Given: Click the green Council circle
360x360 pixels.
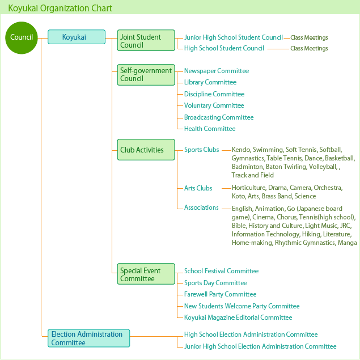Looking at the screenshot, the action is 22,37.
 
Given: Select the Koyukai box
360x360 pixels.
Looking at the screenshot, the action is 77,37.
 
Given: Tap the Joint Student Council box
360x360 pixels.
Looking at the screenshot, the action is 146,40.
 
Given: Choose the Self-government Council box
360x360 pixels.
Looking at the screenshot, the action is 146,75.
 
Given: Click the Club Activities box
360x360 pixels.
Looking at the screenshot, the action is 146,150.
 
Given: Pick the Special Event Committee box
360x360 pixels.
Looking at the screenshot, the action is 146,274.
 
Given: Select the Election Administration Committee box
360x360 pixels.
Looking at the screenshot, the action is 88,338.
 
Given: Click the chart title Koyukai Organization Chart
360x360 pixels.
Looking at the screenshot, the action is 60,9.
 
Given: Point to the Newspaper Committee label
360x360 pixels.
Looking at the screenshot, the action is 217,71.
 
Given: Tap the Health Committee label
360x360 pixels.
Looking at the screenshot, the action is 210,129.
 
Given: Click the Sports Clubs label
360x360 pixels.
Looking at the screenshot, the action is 202,150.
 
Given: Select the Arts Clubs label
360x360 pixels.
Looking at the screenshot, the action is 198,188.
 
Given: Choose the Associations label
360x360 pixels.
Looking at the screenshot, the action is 201,207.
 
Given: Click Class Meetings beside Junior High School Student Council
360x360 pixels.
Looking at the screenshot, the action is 309,37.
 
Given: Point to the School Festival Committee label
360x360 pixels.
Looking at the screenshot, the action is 221,271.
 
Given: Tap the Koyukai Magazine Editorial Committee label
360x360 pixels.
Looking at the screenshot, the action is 238,317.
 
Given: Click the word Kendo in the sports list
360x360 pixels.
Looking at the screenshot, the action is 241,150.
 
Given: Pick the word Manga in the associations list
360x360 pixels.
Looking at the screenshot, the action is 348,243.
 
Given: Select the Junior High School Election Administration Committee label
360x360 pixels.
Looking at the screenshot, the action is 260,346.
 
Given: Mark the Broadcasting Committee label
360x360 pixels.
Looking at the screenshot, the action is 219,117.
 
